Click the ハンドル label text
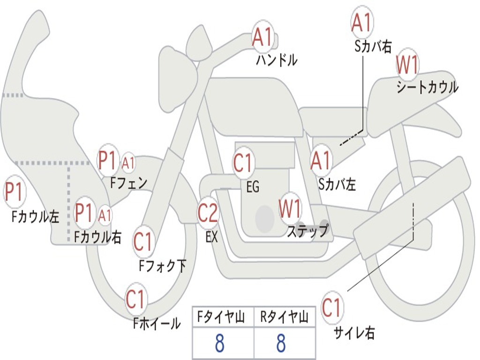(x=277, y=60)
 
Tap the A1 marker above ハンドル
(x=262, y=37)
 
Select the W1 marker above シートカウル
(x=407, y=64)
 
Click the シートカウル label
(x=427, y=87)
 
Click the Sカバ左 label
(x=337, y=184)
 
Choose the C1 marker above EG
(x=242, y=163)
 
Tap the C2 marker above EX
(x=208, y=212)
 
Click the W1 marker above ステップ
(x=290, y=208)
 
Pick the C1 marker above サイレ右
(x=331, y=307)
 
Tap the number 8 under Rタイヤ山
(x=281, y=343)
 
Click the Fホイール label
(x=157, y=323)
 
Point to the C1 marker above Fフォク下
(x=142, y=242)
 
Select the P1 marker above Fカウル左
(x=14, y=191)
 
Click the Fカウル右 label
(x=98, y=237)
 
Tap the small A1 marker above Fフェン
(x=128, y=163)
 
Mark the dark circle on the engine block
(x=264, y=218)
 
